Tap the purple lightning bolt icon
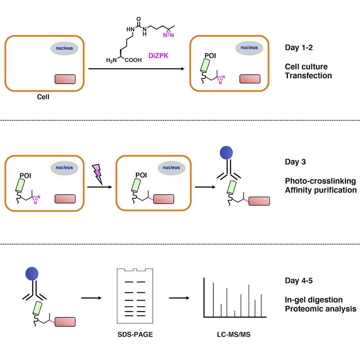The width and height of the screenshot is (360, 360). tap(98, 174)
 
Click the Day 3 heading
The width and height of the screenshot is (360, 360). tap(295, 162)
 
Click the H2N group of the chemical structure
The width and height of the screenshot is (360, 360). tap(112, 60)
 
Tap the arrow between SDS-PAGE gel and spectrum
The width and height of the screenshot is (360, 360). tap(179, 298)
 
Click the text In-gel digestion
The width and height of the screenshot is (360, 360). tap(313, 300)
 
